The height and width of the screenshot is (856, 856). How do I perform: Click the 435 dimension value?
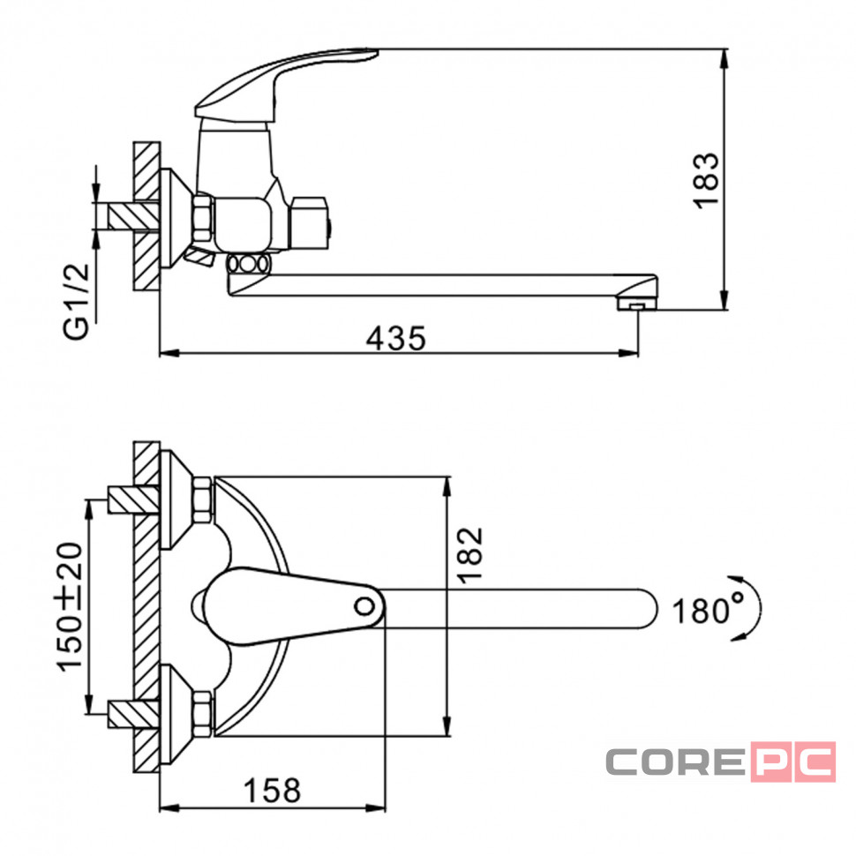tap(396, 338)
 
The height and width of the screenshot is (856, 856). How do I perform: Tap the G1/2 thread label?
tap(76, 301)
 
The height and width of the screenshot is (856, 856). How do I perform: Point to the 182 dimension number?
tap(470, 555)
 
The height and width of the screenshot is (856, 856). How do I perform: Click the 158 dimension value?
tap(272, 790)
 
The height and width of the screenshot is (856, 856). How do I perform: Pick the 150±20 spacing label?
tap(70, 606)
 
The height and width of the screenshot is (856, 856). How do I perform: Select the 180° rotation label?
tap(708, 609)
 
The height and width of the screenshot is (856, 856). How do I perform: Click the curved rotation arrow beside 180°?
tap(758, 608)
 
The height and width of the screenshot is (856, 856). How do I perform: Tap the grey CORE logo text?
tap(675, 762)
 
